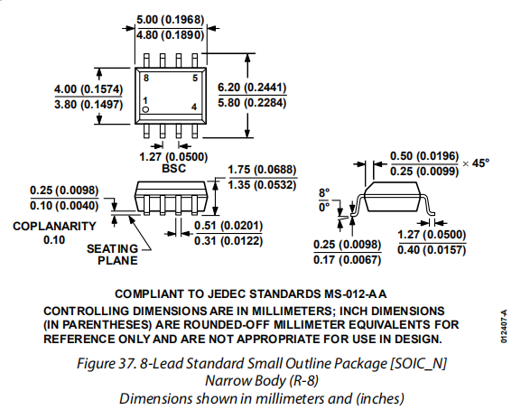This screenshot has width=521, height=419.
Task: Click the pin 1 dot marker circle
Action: pyautogui.click(x=145, y=109)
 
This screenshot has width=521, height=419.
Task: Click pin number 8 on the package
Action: pyautogui.click(x=146, y=78)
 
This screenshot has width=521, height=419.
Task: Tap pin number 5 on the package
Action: pyautogui.click(x=195, y=78)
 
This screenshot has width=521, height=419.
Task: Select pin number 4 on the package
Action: pyautogui.click(x=194, y=107)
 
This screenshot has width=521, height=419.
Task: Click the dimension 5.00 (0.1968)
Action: pyautogui.click(x=170, y=20)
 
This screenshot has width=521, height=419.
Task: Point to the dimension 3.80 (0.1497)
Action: pyautogui.click(x=88, y=105)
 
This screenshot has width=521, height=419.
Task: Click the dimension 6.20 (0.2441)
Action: pyautogui.click(x=252, y=88)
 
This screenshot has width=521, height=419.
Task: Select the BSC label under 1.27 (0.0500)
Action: pyautogui.click(x=173, y=169)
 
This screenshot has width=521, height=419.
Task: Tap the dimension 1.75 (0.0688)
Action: pyautogui.click(x=262, y=170)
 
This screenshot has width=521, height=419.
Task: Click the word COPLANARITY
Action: pyautogui.click(x=54, y=226)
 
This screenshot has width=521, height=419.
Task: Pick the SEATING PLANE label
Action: pyautogui.click(x=112, y=255)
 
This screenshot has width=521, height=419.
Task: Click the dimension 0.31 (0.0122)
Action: pyautogui.click(x=228, y=240)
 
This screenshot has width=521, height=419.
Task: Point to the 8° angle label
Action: pyautogui.click(x=324, y=192)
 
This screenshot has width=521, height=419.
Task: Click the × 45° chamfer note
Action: pyautogui.click(x=476, y=163)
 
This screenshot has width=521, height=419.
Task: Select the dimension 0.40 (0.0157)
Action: pyautogui.click(x=432, y=249)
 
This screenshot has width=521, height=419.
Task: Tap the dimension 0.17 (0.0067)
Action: pyautogui.click(x=348, y=259)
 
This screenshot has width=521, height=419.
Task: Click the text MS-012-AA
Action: pyautogui.click(x=355, y=294)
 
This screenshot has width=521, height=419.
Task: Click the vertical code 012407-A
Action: pyautogui.click(x=504, y=326)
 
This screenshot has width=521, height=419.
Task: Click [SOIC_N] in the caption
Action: pyautogui.click(x=418, y=364)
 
